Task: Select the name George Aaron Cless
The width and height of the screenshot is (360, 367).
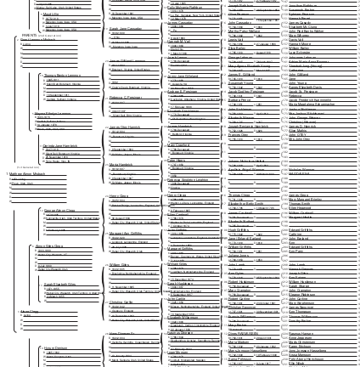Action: click(59, 210)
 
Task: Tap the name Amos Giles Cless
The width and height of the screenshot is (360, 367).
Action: click(49, 246)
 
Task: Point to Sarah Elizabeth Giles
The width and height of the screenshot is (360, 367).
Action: click(59, 284)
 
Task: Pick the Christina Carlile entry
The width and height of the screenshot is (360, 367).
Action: click(121, 302)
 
